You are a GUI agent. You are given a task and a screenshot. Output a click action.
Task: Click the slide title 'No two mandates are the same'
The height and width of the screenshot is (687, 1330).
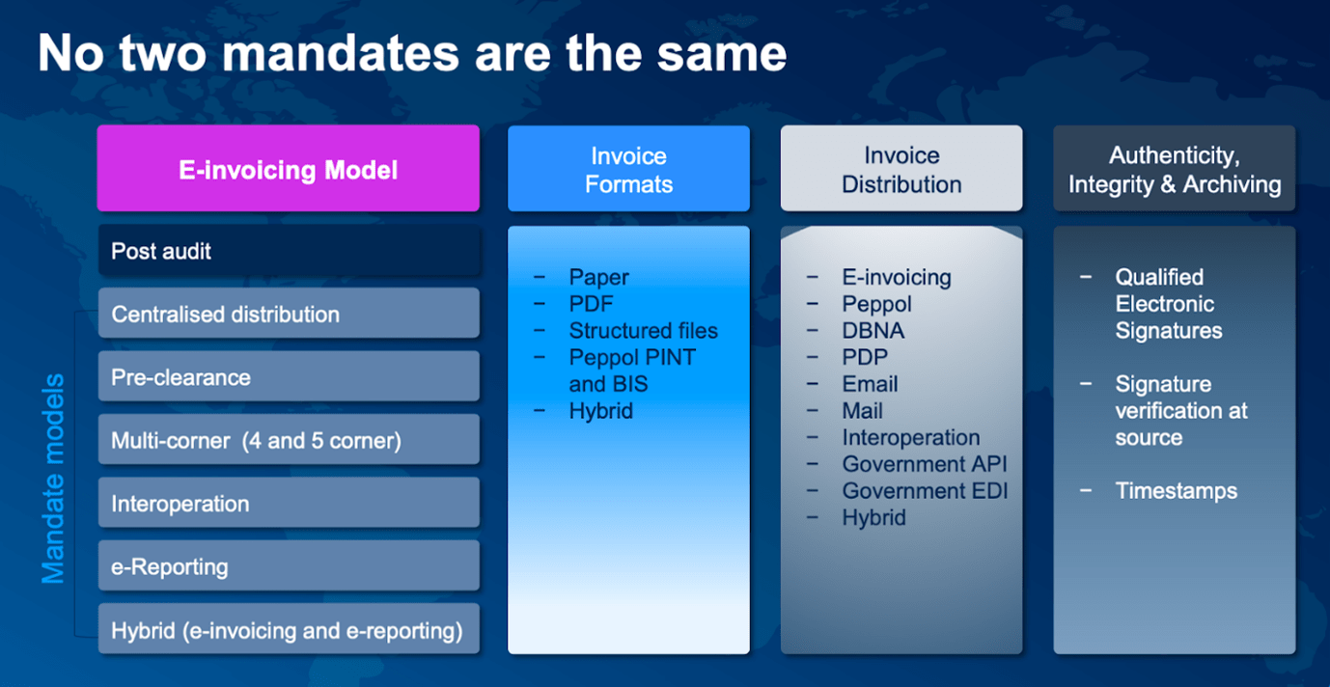tap(412, 55)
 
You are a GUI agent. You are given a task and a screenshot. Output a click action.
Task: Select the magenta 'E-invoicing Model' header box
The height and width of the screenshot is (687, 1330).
tap(288, 170)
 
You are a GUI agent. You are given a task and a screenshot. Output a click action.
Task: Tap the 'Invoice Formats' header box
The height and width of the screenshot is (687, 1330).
tap(628, 170)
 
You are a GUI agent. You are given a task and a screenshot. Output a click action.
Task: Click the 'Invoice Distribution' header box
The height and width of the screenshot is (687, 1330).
tap(901, 170)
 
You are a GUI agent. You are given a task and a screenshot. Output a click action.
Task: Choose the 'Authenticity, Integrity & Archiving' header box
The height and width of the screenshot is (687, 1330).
tap(1174, 170)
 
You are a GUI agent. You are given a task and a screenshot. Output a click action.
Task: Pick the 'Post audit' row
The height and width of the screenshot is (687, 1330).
tap(288, 251)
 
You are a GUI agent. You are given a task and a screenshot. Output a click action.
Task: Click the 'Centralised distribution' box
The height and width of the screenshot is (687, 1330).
tap(288, 314)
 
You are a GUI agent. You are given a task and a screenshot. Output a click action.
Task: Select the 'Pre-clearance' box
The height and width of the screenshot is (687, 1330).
tap(288, 376)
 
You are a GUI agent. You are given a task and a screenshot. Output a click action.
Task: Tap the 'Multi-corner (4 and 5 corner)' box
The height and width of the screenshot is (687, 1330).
tap(288, 440)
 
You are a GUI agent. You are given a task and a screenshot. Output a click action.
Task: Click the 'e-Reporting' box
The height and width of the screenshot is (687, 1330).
tap(288, 565)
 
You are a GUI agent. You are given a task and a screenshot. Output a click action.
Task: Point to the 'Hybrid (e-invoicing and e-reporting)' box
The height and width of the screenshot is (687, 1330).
tap(288, 630)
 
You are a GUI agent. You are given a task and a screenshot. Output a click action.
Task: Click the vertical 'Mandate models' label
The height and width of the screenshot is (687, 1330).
tap(53, 479)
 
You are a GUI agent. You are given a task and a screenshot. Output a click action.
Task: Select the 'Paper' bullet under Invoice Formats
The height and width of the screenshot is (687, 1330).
tap(598, 277)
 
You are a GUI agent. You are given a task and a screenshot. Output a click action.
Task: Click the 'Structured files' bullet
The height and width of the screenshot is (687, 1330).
tap(643, 331)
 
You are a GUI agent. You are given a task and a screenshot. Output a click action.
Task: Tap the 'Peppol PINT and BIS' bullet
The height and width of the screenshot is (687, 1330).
tap(632, 371)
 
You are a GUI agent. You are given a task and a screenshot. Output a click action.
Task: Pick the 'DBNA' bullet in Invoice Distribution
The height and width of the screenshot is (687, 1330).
tap(873, 331)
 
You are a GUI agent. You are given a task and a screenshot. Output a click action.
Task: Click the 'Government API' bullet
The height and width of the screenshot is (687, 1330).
tap(924, 464)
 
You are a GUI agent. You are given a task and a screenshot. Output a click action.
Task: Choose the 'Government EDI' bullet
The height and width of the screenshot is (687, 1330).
tap(924, 491)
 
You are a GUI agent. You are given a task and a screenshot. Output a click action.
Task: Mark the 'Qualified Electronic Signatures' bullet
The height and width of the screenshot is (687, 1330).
tap(1168, 304)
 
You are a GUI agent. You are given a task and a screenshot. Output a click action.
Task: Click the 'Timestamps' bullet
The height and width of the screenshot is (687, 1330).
tap(1176, 491)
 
